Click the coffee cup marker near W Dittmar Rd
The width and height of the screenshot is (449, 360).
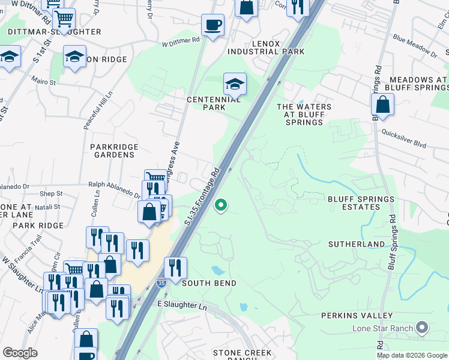click(212, 26)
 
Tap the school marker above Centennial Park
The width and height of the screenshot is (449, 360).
click(235, 84)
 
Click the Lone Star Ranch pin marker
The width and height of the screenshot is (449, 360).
click(423, 328)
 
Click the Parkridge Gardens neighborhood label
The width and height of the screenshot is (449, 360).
click(114, 151)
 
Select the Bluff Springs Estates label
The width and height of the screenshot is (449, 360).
click(361, 203)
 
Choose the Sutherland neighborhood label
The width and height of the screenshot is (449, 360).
click(357, 244)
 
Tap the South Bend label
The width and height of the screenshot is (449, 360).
click(209, 283)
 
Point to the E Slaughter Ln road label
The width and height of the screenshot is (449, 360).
click(182, 306)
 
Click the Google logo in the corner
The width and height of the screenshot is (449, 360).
click(20, 353)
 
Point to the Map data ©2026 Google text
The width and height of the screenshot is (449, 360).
click(412, 355)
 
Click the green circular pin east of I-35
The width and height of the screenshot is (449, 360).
click(221, 206)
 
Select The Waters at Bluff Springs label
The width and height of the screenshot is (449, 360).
click(304, 115)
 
